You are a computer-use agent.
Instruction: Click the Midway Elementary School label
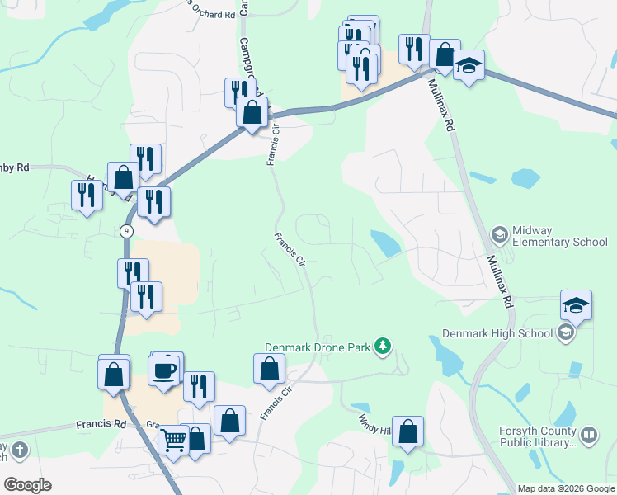pyautogui.click(x=560, y=236)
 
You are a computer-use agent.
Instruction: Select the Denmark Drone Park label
pyautogui.click(x=318, y=347)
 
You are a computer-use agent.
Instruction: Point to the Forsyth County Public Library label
pyautogui.click(x=537, y=436)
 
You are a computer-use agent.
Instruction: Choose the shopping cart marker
pyautogui.click(x=173, y=441)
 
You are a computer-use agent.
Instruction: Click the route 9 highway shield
pyautogui.click(x=125, y=232)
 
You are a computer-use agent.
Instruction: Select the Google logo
pyautogui.click(x=27, y=484)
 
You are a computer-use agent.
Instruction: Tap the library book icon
pyautogui.click(x=589, y=434)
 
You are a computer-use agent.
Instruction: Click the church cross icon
pyautogui.click(x=19, y=450)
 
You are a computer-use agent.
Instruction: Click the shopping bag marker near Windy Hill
pyautogui.click(x=407, y=431)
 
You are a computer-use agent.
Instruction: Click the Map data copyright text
pyautogui.click(x=565, y=488)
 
